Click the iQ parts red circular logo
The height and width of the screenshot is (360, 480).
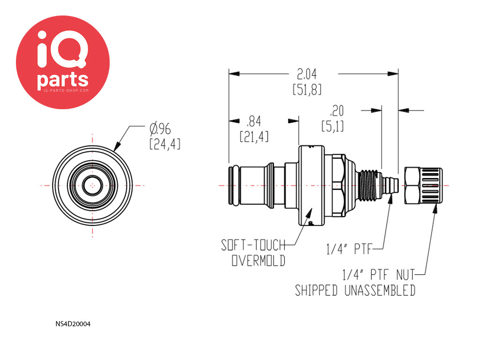click(x=63, y=62)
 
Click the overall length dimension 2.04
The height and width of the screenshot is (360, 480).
click(x=307, y=74)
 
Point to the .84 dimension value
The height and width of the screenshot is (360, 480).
click(x=254, y=123)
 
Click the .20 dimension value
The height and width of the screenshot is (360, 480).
click(x=337, y=111)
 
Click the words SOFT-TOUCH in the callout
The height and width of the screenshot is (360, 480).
click(x=253, y=245)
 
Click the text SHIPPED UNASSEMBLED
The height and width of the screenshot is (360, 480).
click(x=355, y=291)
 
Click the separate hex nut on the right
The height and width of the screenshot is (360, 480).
click(x=423, y=186)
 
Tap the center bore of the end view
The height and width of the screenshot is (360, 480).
click(x=93, y=186)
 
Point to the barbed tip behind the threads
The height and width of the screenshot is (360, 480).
click(x=388, y=186)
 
